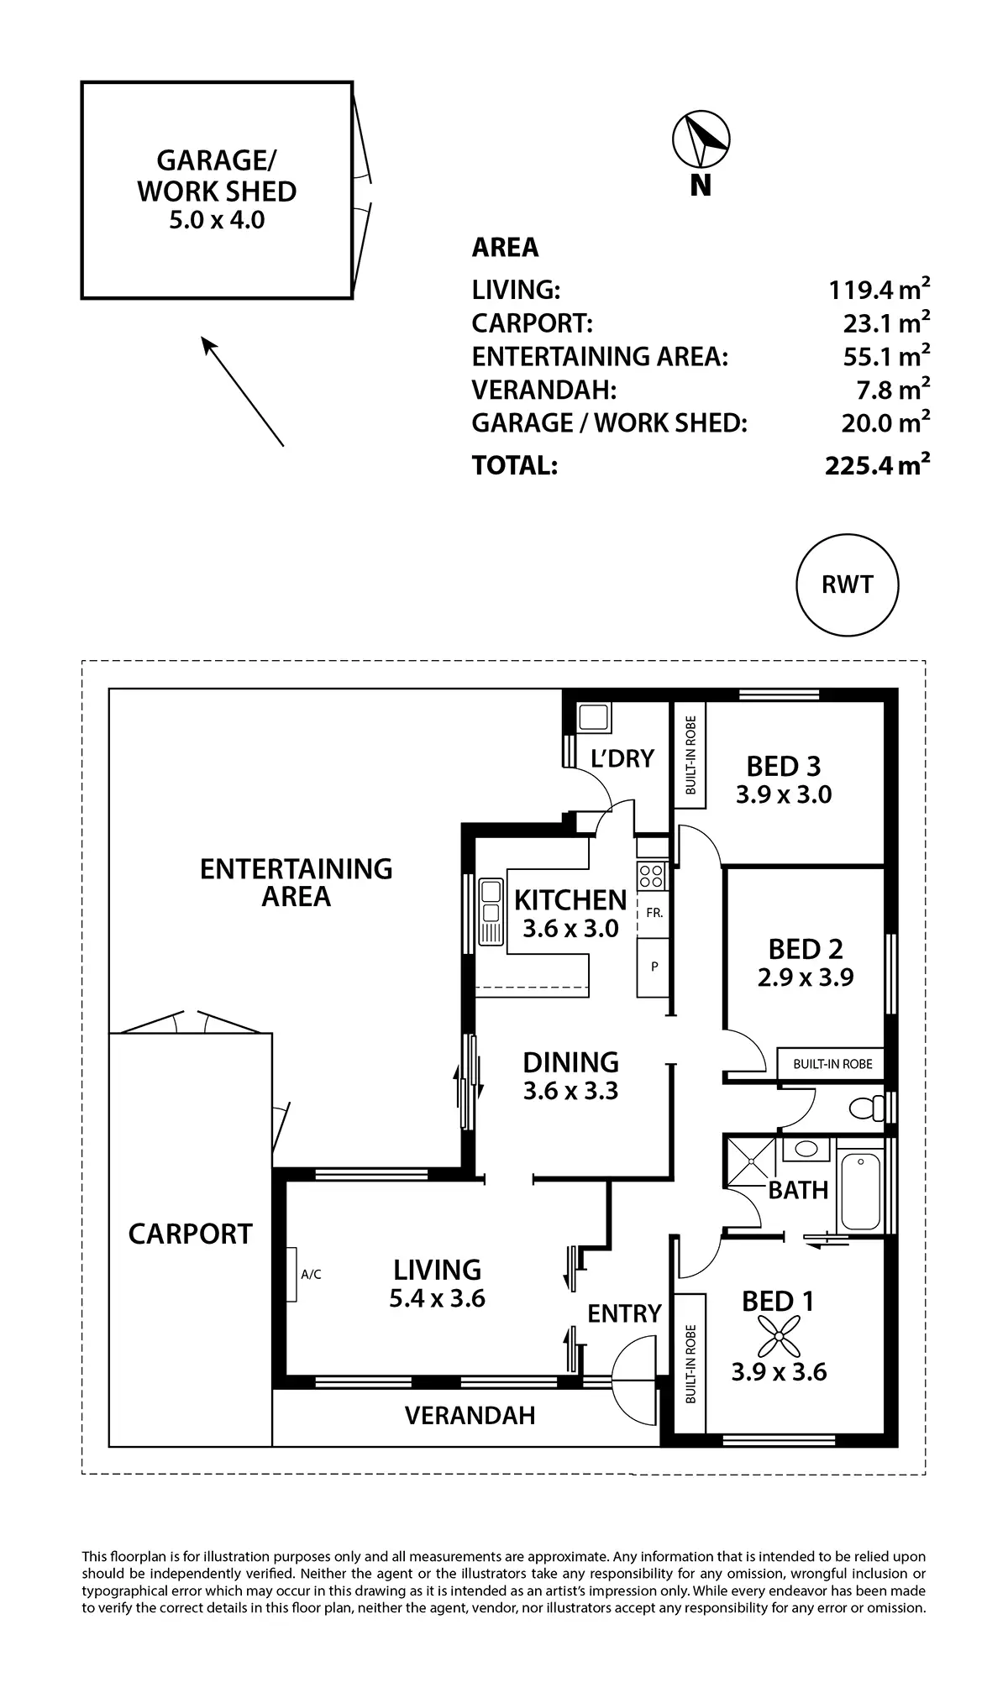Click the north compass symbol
[701, 139]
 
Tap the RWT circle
[847, 585]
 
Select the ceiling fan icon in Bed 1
[779, 1336]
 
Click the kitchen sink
[490, 912]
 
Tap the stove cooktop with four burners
[650, 877]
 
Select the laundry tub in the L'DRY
[594, 718]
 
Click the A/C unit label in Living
[311, 1274]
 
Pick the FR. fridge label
[654, 912]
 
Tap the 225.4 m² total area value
[877, 464]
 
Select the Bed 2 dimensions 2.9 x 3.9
[806, 977]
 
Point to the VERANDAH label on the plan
[470, 1416]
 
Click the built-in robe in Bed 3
[690, 755]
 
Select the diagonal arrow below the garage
[242, 390]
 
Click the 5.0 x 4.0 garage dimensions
[217, 220]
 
